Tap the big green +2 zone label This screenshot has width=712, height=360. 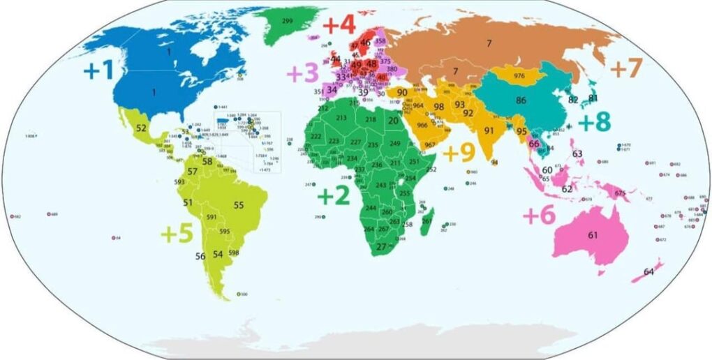click(333, 196)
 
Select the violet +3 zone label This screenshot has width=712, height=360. click(302, 72)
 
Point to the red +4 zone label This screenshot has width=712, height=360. click(339, 24)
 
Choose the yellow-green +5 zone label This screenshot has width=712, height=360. click(176, 233)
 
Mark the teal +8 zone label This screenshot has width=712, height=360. click(594, 121)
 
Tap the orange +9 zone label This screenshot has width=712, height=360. click(459, 152)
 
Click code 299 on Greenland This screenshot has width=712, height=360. click(287, 22)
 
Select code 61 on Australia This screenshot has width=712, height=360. click(593, 235)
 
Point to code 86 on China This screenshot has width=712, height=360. click(521, 100)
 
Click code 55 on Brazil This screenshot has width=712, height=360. click(239, 205)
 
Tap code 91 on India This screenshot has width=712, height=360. click(489, 130)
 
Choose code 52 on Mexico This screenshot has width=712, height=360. click(142, 128)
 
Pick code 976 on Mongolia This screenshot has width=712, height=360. click(519, 75)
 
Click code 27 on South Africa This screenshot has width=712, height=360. click(381, 246)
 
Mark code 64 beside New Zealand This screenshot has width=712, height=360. click(648, 271)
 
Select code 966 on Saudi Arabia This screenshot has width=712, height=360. click(422, 126)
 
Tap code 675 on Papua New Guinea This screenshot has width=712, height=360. click(621, 193)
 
